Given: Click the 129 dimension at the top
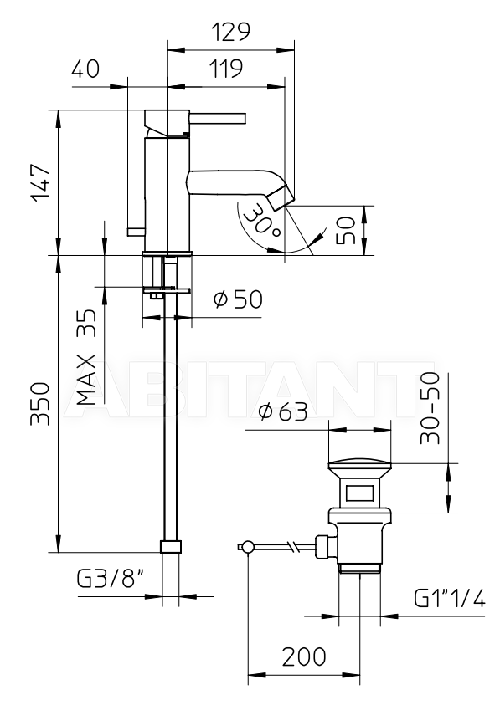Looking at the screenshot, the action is [x=230, y=32].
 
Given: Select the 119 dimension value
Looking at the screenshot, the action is [x=225, y=69].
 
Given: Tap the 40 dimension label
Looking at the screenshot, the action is [x=85, y=69].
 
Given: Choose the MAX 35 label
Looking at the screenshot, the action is [x=86, y=357].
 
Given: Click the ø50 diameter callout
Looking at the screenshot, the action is [x=238, y=299].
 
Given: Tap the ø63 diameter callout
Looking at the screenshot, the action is [x=284, y=411].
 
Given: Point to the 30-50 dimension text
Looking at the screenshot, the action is [x=430, y=408].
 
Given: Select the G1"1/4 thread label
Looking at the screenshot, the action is [x=450, y=599].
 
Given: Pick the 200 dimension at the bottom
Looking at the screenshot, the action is [x=304, y=656].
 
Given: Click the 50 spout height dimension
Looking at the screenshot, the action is [x=346, y=231].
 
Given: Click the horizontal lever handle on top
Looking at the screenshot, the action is [x=218, y=118].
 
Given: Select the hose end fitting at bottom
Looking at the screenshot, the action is [x=171, y=546].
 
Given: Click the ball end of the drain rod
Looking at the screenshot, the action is [x=247, y=547].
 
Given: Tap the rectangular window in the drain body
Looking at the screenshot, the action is [x=359, y=493].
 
